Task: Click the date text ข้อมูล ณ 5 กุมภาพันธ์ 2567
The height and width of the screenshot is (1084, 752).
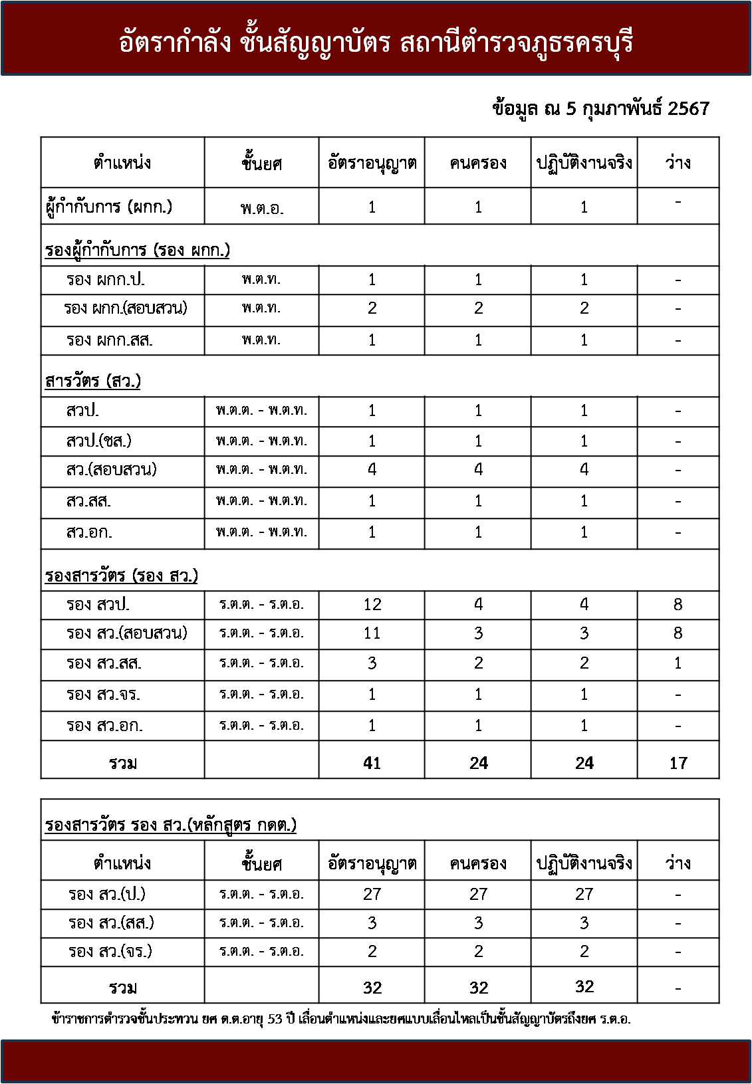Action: click(600, 109)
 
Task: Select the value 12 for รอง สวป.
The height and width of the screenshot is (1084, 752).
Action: click(372, 605)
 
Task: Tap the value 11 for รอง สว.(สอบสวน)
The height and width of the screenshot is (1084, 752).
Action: click(372, 633)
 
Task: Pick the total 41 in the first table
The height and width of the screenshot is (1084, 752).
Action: click(372, 763)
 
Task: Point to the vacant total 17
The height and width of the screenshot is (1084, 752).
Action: click(678, 763)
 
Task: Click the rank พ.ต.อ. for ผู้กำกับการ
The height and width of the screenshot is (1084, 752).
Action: click(261, 208)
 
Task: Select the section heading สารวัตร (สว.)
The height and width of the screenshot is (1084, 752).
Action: click(93, 381)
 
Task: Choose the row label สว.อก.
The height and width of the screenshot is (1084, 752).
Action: click(89, 532)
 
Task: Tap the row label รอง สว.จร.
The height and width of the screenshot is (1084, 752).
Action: click(103, 695)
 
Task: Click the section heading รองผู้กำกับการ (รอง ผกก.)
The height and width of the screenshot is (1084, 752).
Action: click(138, 250)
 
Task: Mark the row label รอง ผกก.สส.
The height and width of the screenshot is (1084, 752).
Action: click(109, 340)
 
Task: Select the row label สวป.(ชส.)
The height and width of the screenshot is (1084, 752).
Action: click(98, 441)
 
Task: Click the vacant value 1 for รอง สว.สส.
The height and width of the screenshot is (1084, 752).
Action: click(678, 663)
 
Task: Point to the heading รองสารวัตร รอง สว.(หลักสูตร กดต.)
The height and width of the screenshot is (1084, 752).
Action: click(171, 825)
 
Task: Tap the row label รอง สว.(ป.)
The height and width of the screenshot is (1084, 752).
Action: click(107, 894)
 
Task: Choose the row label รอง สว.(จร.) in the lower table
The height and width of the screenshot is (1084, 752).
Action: click(110, 951)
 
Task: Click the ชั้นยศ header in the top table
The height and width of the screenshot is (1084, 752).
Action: click(261, 163)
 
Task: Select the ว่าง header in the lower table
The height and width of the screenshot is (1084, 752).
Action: click(678, 863)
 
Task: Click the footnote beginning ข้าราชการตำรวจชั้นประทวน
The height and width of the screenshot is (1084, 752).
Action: click(340, 1018)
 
